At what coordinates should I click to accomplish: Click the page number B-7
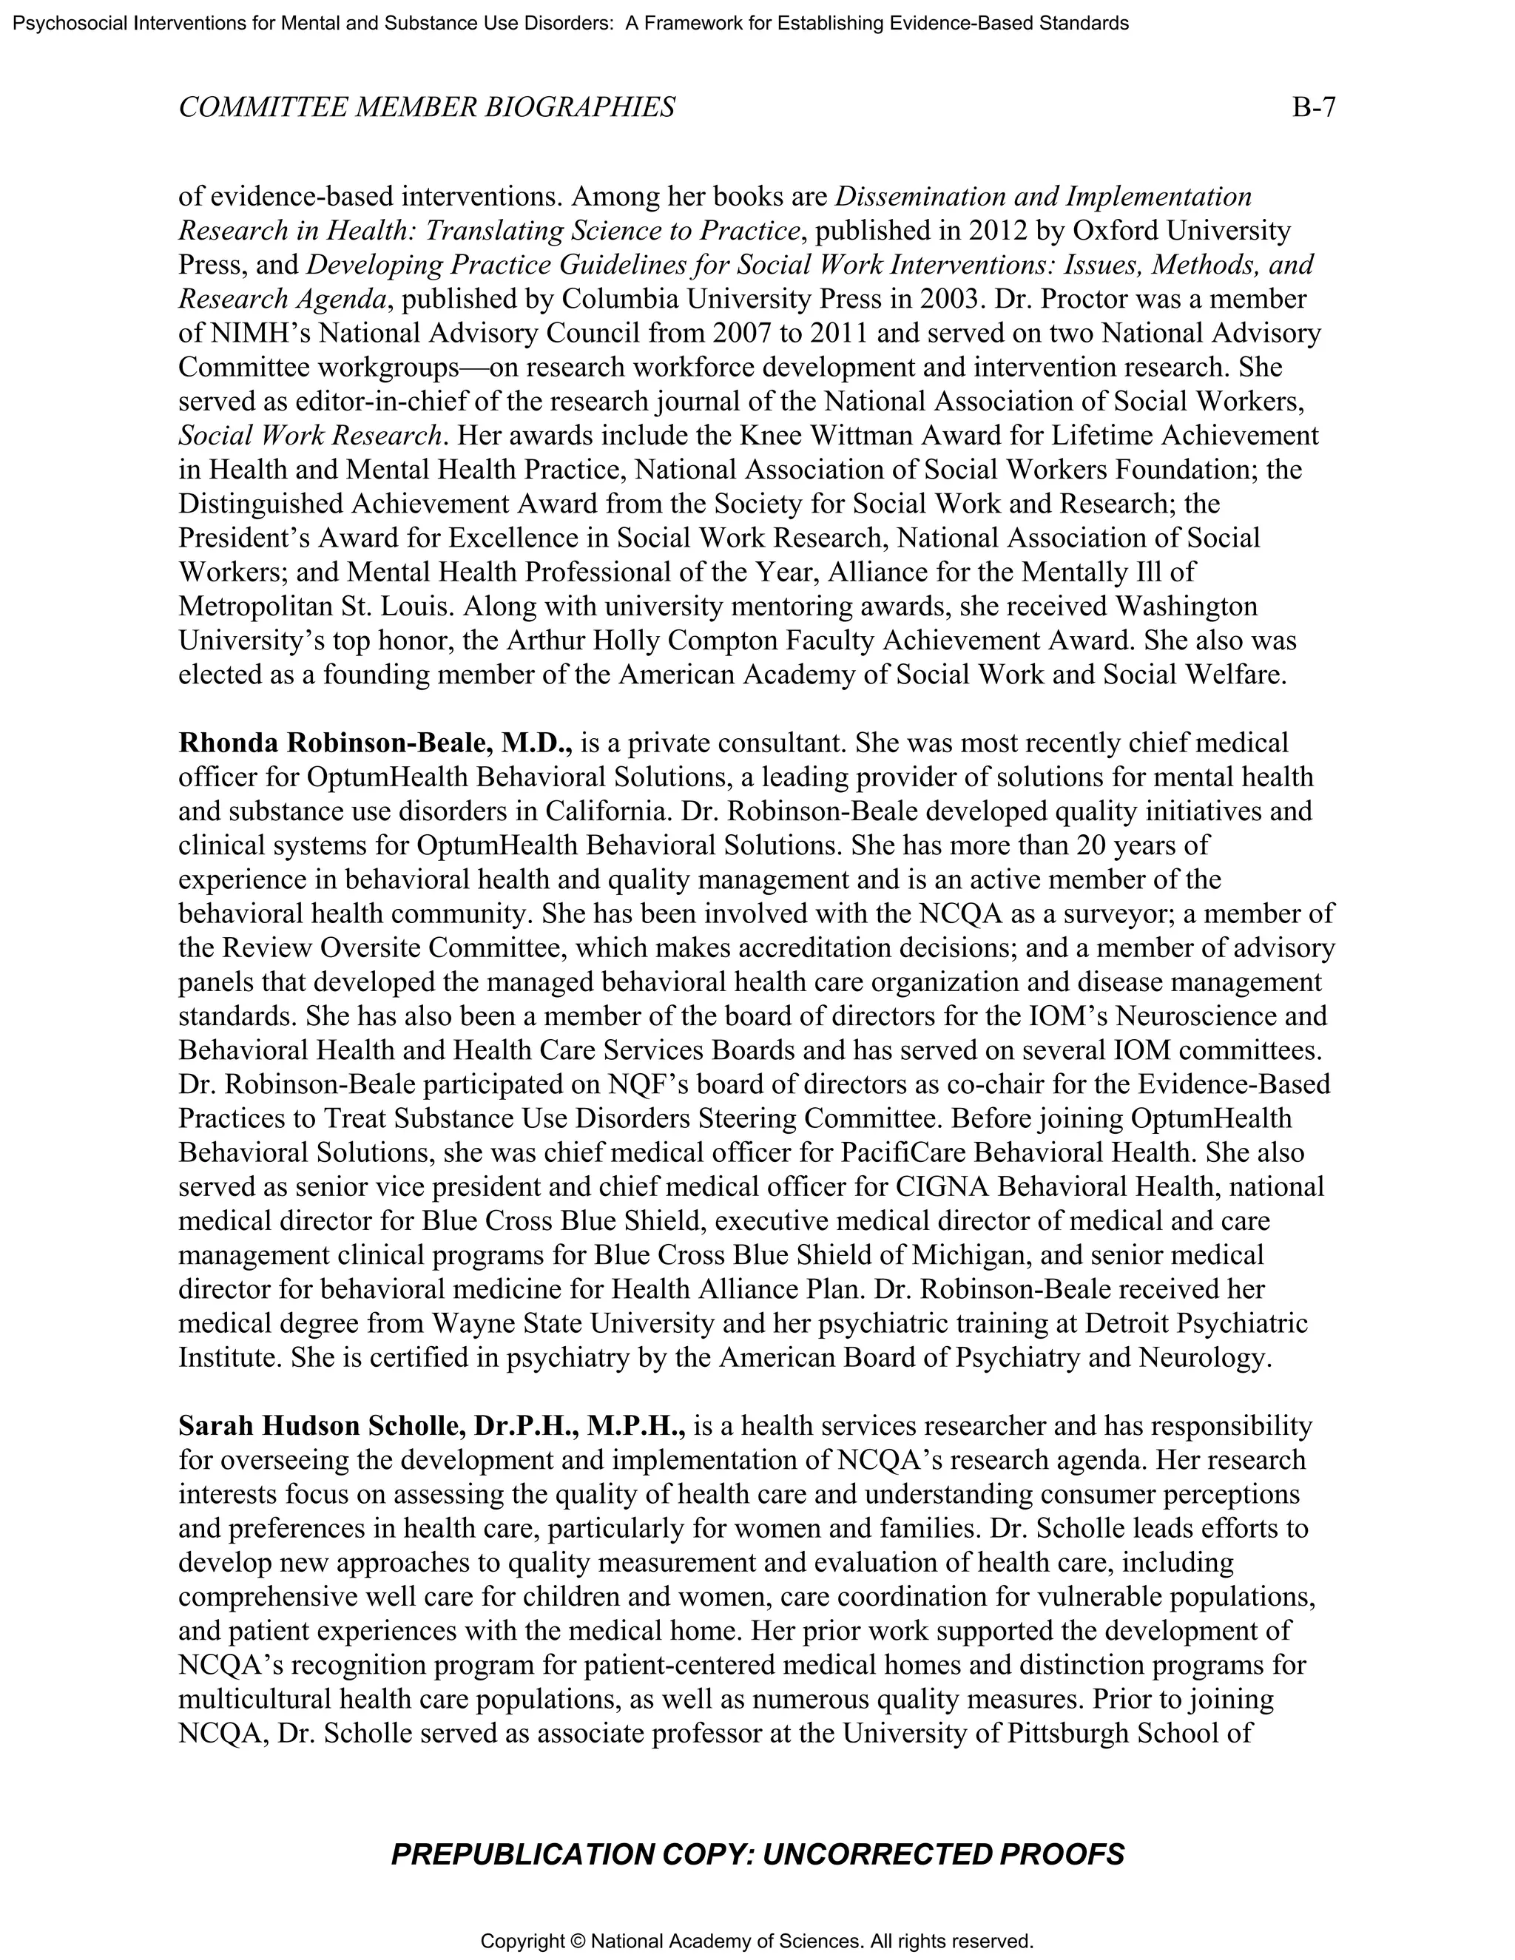pyautogui.click(x=1313, y=108)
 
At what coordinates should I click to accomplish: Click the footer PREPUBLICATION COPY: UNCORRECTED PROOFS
pyautogui.click(x=757, y=1853)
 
